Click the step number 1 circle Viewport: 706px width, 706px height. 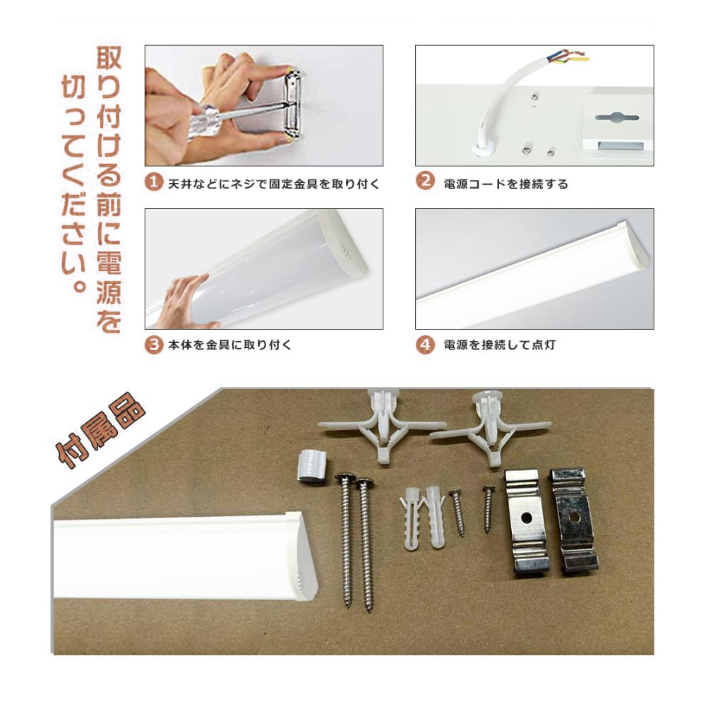(153, 182)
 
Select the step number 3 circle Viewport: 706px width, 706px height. (153, 345)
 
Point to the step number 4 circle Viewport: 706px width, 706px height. (424, 345)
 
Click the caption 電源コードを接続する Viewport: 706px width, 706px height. (505, 184)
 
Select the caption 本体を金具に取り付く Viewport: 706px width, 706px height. (229, 345)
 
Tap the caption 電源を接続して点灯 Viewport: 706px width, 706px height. (499, 345)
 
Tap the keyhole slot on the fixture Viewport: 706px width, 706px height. (616, 118)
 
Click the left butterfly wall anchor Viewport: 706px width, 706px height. (382, 426)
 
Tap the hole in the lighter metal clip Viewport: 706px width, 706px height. (525, 517)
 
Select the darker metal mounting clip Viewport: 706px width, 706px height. (574, 520)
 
